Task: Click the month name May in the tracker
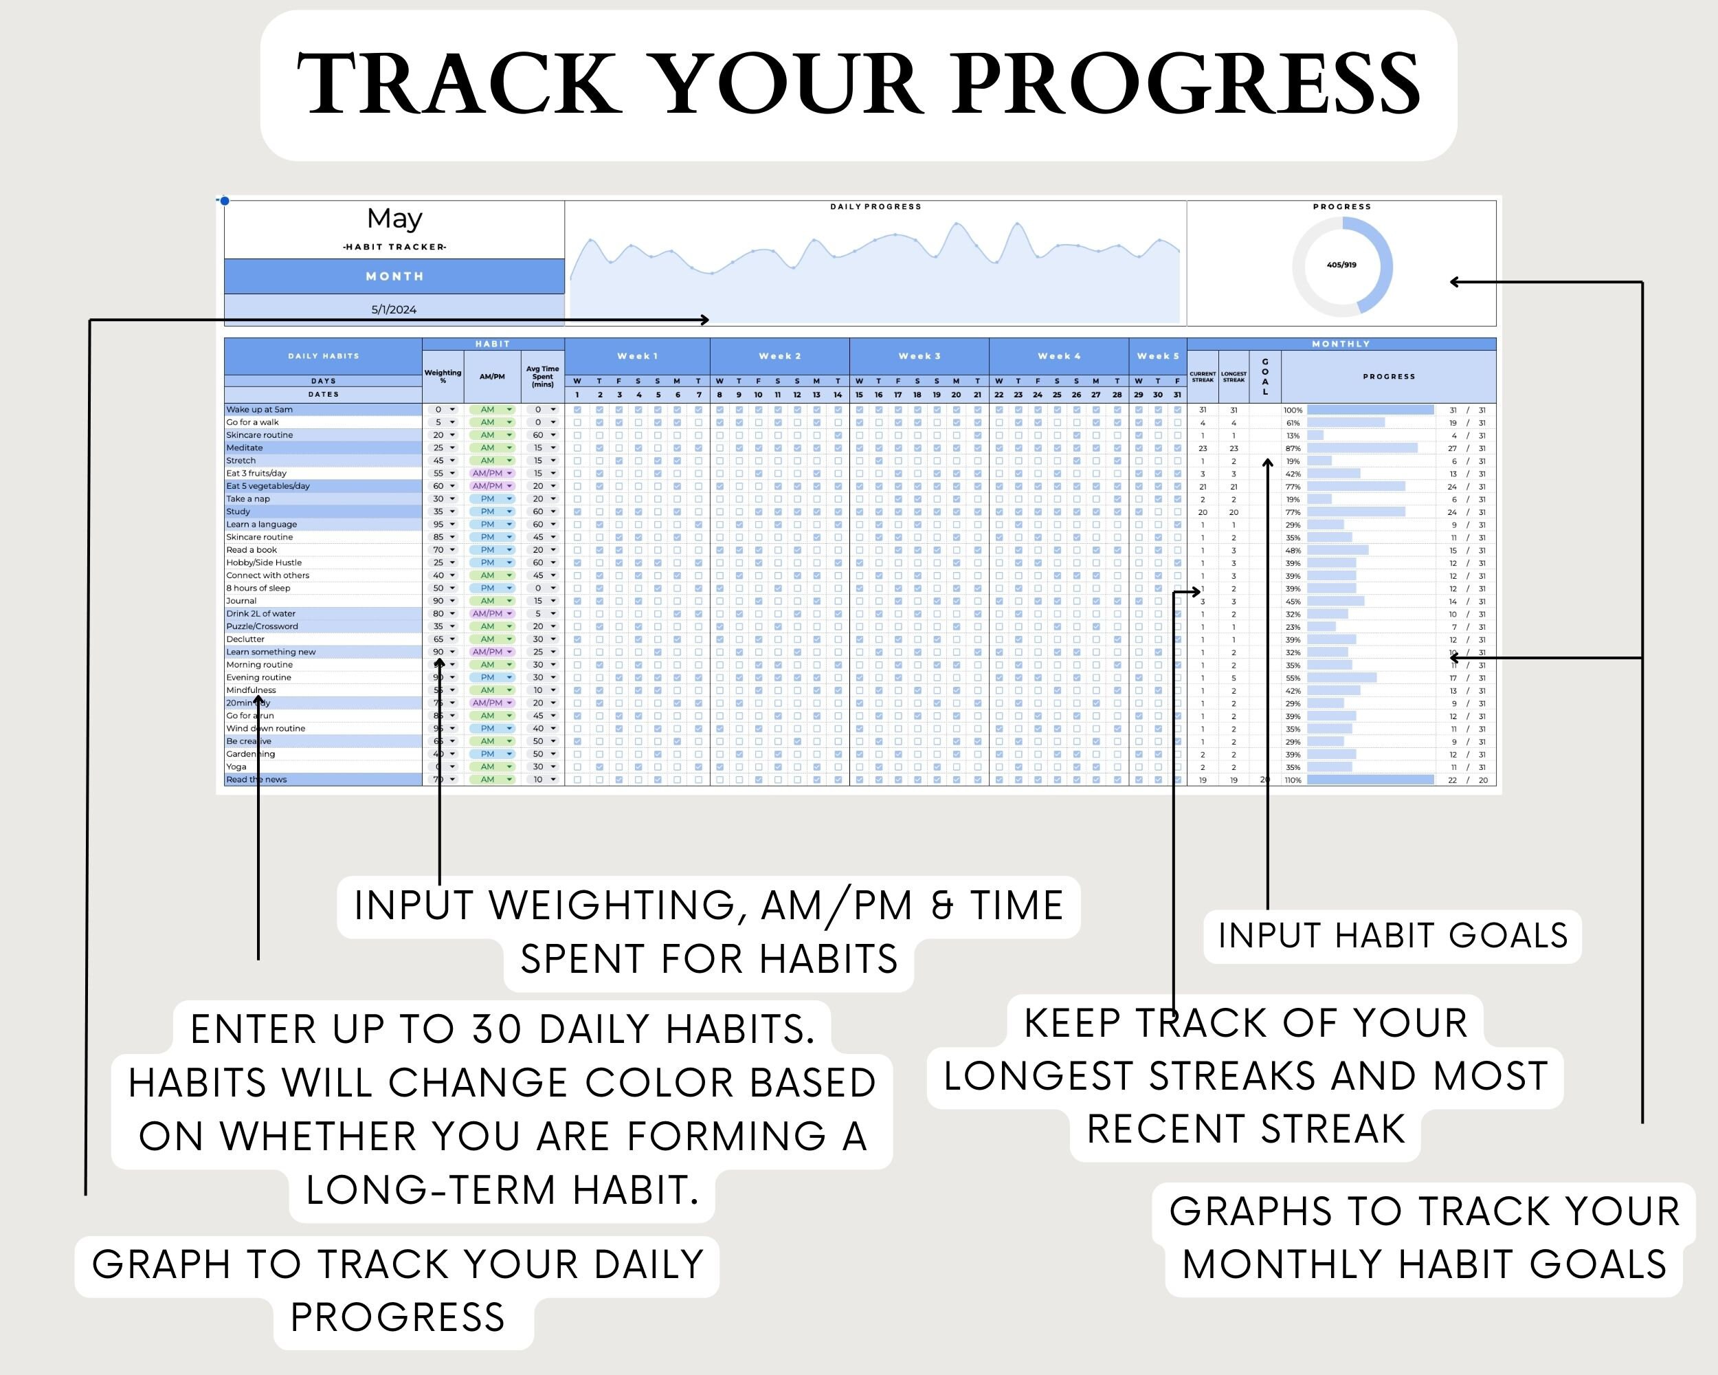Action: (394, 219)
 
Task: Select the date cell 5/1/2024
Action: (394, 309)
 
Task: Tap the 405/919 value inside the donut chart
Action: (1342, 265)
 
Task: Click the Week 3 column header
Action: (919, 356)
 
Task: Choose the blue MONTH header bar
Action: (394, 276)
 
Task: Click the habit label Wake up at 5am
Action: (260, 410)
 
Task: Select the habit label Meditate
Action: (245, 448)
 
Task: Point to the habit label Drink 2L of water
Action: (260, 614)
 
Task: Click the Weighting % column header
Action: (443, 376)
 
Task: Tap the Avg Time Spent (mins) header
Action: (543, 376)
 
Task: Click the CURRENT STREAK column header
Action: (1203, 376)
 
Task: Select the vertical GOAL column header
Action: (1264, 376)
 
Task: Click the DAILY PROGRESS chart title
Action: (875, 206)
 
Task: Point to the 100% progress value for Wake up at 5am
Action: (1293, 410)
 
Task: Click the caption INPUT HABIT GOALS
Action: (1392, 936)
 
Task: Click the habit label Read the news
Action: (256, 780)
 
